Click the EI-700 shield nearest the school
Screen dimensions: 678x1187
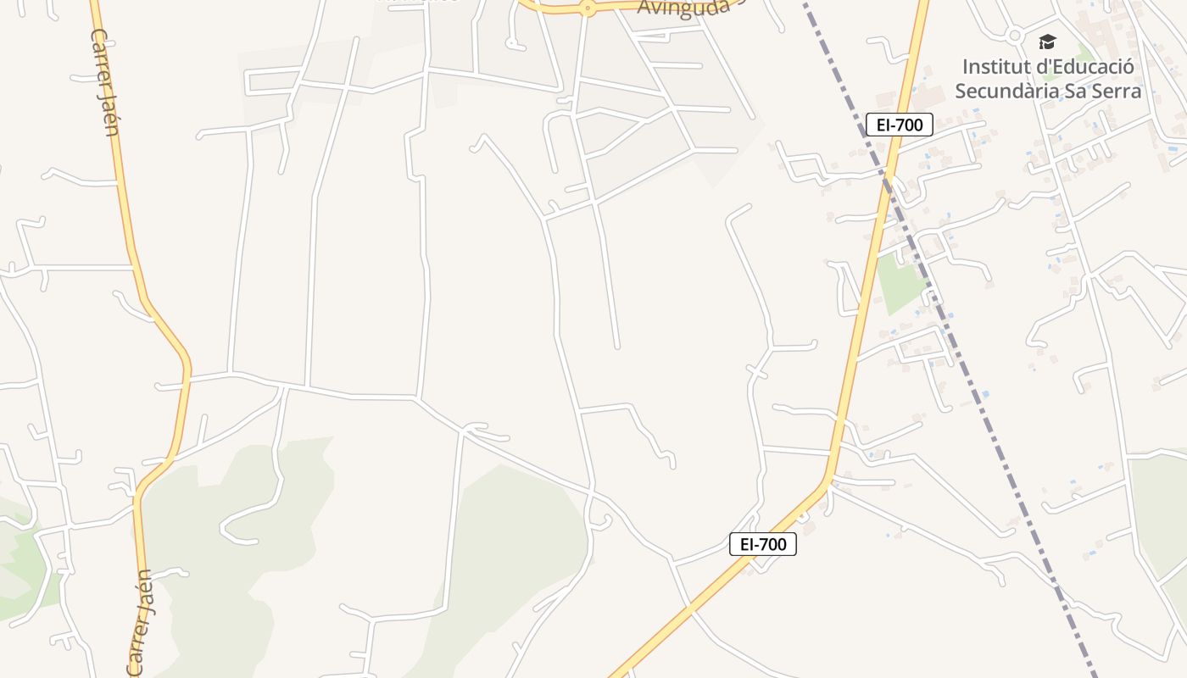tap(900, 125)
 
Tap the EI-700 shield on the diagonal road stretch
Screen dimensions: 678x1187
tap(763, 544)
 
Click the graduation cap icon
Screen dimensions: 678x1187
tap(1048, 42)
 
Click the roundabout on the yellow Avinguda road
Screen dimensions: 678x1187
tap(587, 9)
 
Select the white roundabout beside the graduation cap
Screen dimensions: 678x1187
tap(1015, 36)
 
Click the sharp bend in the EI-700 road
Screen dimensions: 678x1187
tap(828, 482)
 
